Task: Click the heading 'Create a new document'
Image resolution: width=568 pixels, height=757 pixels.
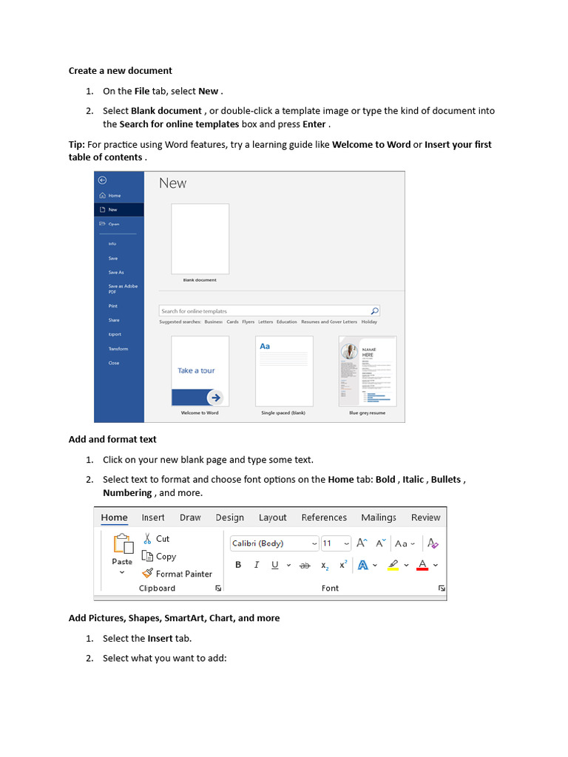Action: click(120, 71)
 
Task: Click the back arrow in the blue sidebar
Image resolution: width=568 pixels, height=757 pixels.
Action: click(103, 180)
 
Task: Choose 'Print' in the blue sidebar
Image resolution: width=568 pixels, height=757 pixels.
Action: click(113, 306)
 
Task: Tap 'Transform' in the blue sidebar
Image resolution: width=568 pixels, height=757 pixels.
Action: click(118, 349)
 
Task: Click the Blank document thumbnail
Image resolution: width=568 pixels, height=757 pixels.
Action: click(200, 239)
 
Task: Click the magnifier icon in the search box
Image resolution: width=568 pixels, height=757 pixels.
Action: click(374, 311)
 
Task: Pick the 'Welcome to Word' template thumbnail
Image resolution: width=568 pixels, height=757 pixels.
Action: click(200, 371)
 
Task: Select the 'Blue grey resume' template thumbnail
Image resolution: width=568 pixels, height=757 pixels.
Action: click(368, 371)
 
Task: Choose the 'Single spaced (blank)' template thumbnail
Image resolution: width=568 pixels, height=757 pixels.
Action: click(283, 371)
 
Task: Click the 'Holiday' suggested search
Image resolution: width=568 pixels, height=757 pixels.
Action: click(369, 322)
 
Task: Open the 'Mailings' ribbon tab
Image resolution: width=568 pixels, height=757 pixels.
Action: click(379, 517)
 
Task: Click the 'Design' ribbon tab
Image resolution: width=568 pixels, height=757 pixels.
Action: click(230, 517)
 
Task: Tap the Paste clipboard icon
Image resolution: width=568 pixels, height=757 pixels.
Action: click(122, 545)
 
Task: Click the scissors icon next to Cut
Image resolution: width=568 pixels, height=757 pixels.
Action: click(147, 539)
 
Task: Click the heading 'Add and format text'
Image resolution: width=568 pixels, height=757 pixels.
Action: click(112, 439)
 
